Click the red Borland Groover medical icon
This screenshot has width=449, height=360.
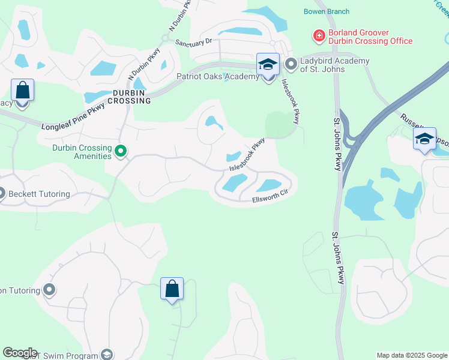[x=319, y=37]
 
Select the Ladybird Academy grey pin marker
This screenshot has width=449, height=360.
[x=291, y=63]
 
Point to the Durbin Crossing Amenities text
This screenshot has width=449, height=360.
[x=82, y=152]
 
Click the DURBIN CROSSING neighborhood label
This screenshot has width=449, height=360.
[x=131, y=97]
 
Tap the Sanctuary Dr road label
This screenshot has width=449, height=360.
[x=194, y=42]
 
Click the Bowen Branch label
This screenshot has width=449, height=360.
[x=327, y=11]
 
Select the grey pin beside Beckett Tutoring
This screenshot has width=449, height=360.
[x=1, y=194]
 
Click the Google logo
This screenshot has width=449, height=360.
[x=20, y=353]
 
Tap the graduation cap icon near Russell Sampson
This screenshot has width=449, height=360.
[x=424, y=139]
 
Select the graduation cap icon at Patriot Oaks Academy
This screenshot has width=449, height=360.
[x=268, y=64]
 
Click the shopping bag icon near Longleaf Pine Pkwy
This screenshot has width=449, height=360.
[x=22, y=90]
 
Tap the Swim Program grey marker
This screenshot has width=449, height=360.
[x=107, y=355]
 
